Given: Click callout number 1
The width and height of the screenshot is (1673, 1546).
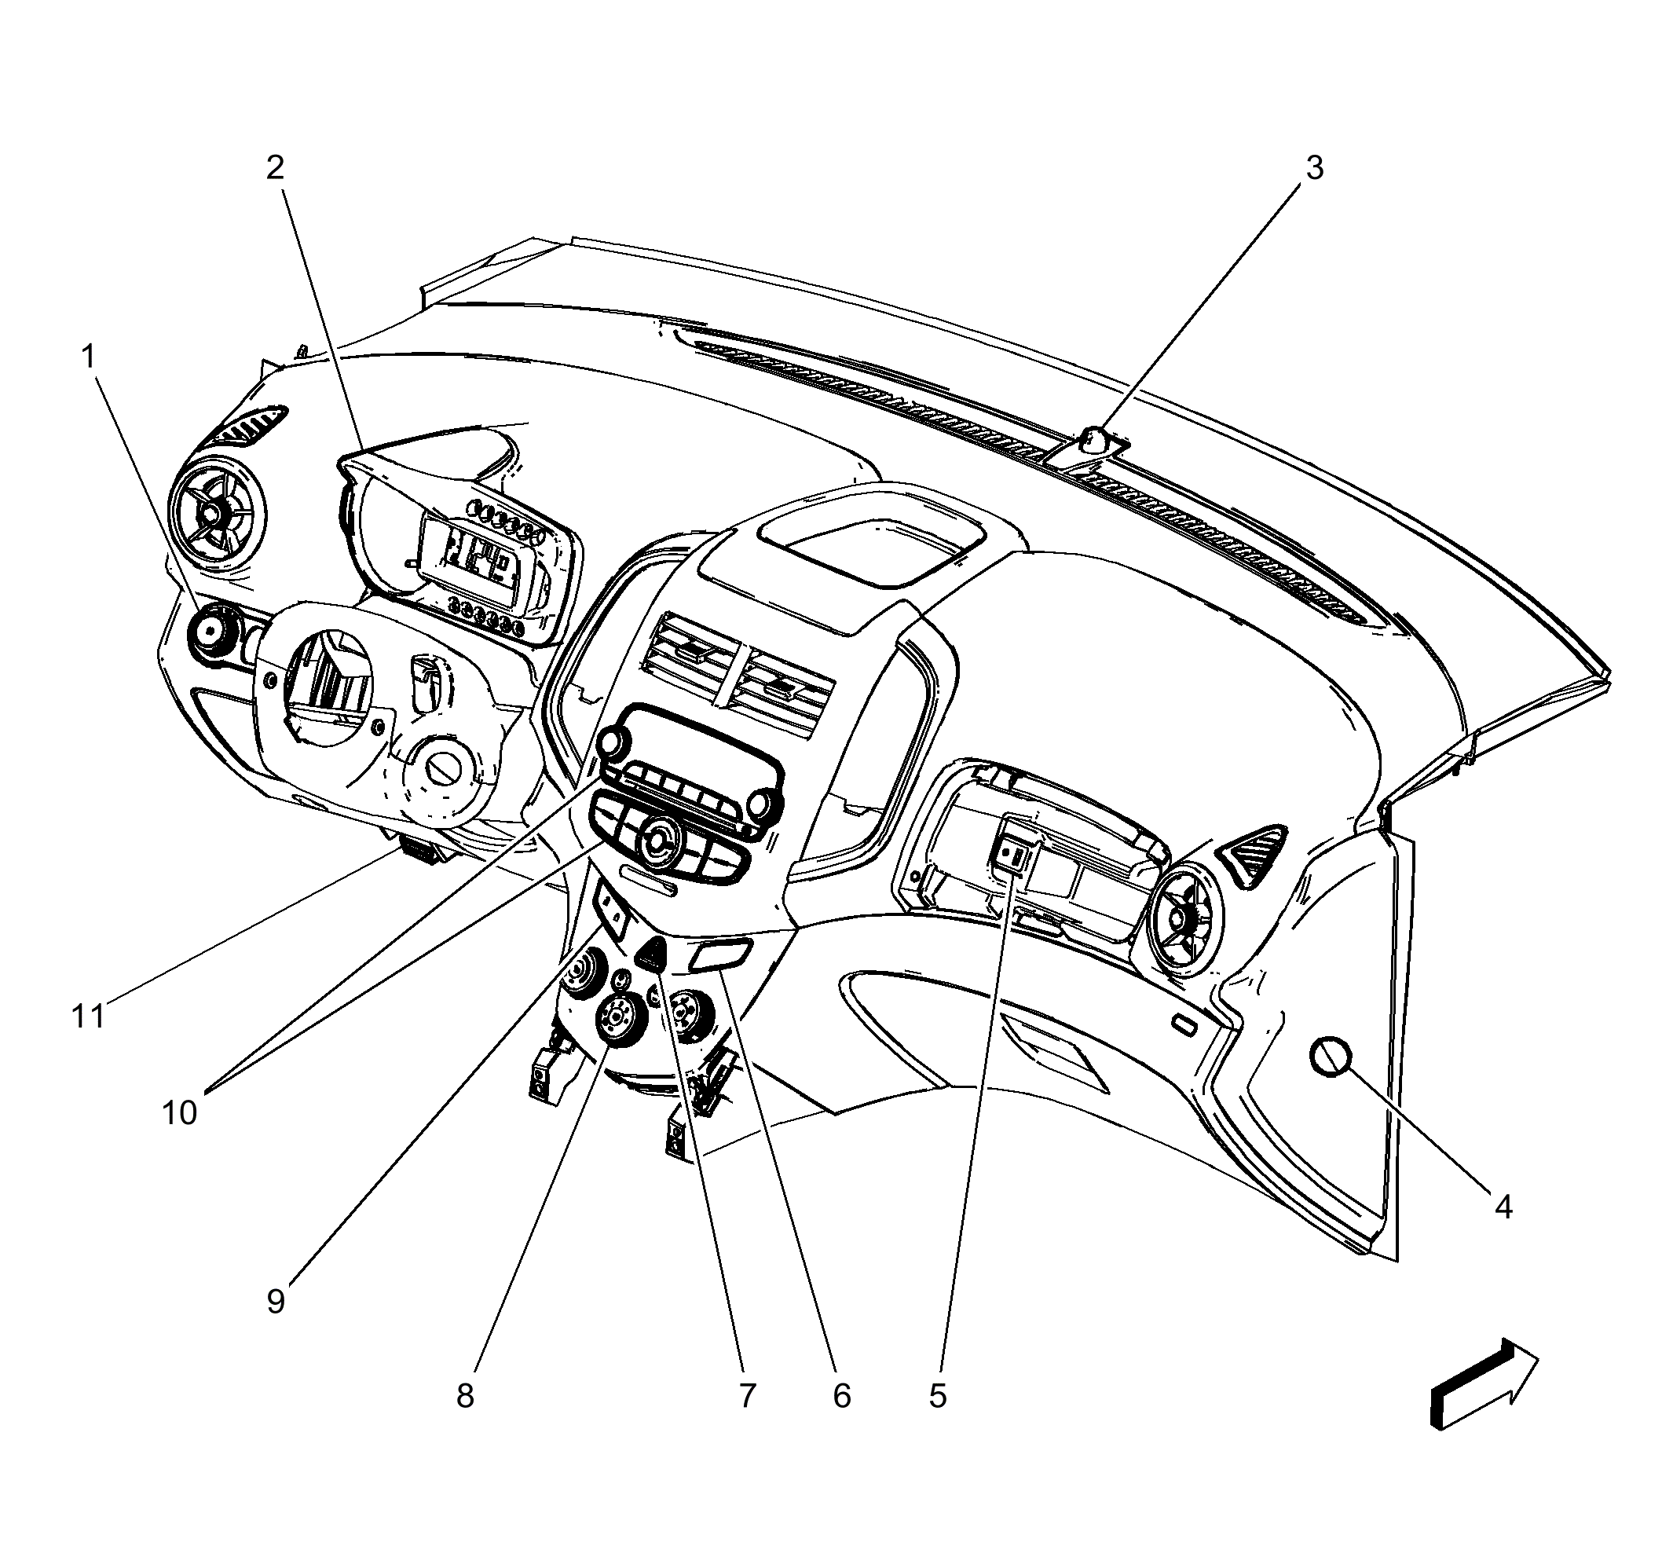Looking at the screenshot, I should click(x=88, y=357).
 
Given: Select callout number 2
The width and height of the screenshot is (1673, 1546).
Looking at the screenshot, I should click(x=275, y=168).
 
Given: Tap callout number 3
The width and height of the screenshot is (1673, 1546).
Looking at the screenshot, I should click(x=1314, y=168).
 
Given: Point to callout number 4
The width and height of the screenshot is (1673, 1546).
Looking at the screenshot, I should click(x=1503, y=1207).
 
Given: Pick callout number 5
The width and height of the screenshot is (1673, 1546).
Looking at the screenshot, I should click(x=938, y=1395).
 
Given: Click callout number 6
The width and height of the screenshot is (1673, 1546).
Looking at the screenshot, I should click(x=841, y=1395).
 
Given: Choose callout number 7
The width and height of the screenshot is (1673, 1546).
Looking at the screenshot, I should click(x=747, y=1395).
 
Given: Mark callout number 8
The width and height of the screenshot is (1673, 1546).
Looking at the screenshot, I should click(x=465, y=1395).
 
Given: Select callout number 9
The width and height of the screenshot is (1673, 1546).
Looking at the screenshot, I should click(x=276, y=1301).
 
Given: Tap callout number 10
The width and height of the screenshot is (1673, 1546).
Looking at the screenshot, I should click(x=179, y=1112).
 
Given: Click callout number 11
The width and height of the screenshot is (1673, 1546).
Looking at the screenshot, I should click(x=88, y=1017).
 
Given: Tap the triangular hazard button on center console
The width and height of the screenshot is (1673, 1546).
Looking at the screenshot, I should click(x=653, y=953).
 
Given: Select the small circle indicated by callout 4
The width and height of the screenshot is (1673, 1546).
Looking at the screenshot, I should click(x=1331, y=1056).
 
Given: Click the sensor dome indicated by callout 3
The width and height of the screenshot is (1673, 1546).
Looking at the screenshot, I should click(x=1093, y=438).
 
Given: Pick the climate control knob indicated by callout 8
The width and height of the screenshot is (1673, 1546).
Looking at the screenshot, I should click(x=617, y=1017).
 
